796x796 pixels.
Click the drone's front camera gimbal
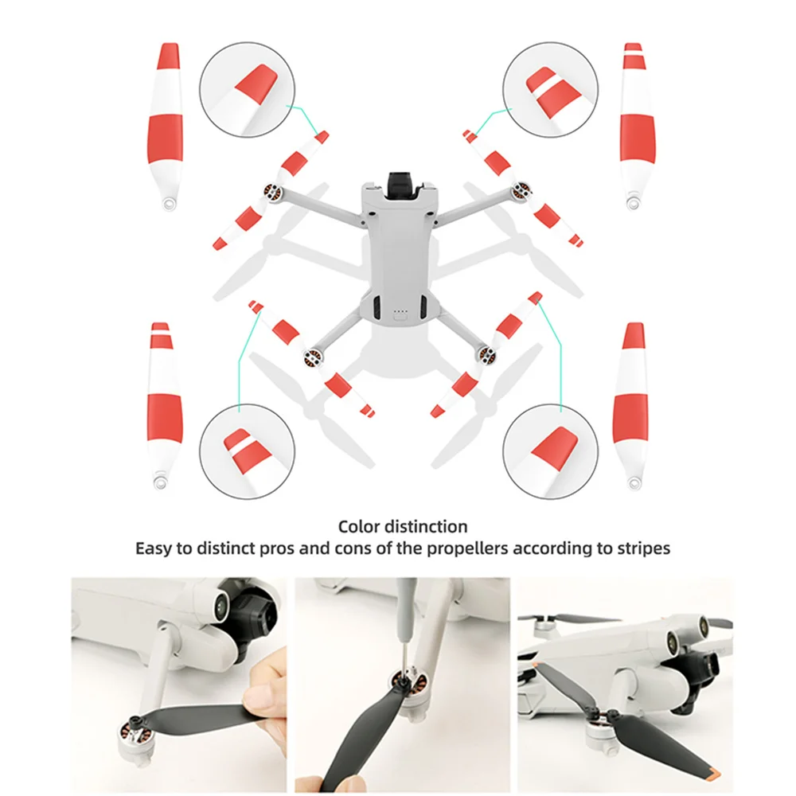tap(402, 182)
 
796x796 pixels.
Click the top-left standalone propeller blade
tap(166, 127)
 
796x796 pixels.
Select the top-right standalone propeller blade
tap(633, 127)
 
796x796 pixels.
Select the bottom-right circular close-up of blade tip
tap(551, 447)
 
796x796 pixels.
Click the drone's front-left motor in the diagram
tap(271, 193)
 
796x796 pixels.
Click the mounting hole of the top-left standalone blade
tap(166, 205)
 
